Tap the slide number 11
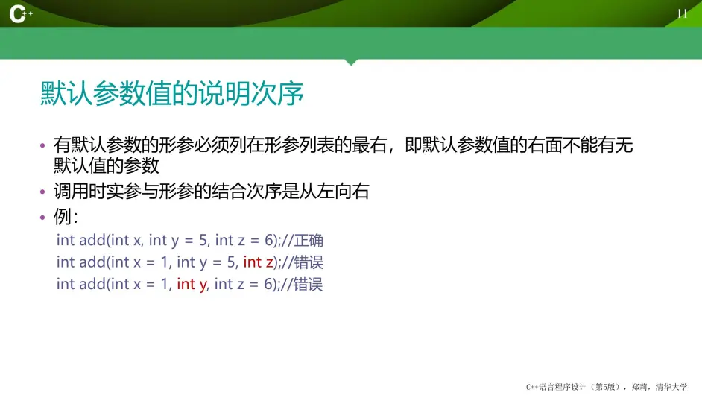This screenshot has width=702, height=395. pyautogui.click(x=682, y=14)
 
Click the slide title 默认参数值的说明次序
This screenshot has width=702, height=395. pyautogui.click(x=172, y=94)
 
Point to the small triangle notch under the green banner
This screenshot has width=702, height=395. pyautogui.click(x=351, y=62)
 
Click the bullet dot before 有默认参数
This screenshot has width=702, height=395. pyautogui.click(x=42, y=145)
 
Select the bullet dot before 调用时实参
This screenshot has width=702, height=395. pyautogui.click(x=42, y=192)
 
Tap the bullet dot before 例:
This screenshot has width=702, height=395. pyautogui.click(x=42, y=218)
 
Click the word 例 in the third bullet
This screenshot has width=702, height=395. pyautogui.click(x=63, y=217)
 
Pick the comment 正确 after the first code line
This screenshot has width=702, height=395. pyautogui.click(x=309, y=241)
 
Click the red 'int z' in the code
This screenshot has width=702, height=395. pyautogui.click(x=259, y=262)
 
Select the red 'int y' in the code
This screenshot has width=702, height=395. pyautogui.click(x=192, y=285)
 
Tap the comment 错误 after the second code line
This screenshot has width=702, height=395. pyautogui.click(x=309, y=262)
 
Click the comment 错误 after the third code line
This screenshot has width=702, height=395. pyautogui.click(x=308, y=285)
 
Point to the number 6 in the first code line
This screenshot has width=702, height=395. pyautogui.click(x=269, y=241)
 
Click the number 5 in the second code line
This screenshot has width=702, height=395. pyautogui.click(x=231, y=262)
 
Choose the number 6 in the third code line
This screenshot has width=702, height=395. pyautogui.click(x=268, y=284)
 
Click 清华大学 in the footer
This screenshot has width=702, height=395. pyautogui.click(x=671, y=387)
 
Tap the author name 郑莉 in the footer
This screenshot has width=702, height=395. pyautogui.click(x=639, y=387)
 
